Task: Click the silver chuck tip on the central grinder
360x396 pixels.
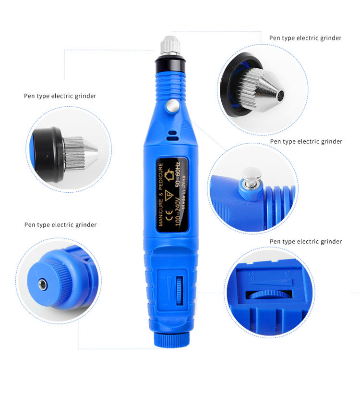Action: (170, 46)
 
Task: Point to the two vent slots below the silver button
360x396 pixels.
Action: (172, 135)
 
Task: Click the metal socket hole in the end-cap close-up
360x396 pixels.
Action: (43, 285)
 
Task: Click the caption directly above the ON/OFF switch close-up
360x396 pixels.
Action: (305, 241)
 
